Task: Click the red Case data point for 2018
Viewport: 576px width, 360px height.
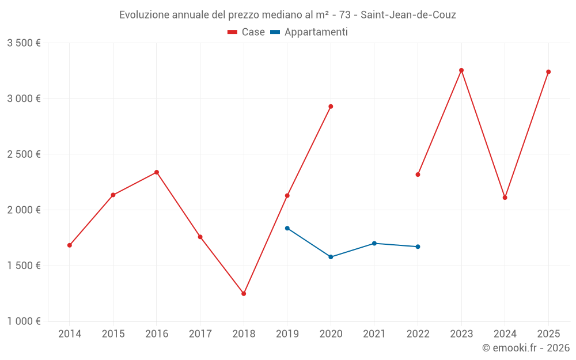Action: click(244, 294)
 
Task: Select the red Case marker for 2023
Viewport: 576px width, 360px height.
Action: click(461, 70)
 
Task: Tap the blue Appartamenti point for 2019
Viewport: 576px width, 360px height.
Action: click(287, 228)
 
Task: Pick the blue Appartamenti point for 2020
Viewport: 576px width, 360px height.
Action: click(331, 257)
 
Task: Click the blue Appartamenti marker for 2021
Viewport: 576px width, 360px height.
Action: click(374, 243)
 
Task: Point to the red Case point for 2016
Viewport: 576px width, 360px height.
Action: click(157, 172)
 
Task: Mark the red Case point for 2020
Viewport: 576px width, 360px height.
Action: click(331, 107)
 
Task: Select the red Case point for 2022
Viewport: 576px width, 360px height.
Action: click(418, 175)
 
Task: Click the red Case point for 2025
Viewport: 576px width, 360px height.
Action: click(548, 72)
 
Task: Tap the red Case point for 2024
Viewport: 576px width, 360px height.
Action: click(505, 198)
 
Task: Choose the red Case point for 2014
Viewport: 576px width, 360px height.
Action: click(70, 245)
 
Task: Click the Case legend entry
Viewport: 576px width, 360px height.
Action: click(247, 32)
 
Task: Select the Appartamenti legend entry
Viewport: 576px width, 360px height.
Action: click(309, 32)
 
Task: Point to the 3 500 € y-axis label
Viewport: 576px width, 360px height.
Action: click(24, 43)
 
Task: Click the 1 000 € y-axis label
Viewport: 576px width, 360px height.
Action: click(24, 321)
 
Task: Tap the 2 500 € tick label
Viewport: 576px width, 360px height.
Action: click(24, 154)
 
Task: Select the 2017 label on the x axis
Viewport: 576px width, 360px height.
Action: click(200, 334)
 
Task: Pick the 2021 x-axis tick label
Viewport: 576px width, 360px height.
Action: click(374, 334)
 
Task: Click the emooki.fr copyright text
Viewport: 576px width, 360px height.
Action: click(526, 348)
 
